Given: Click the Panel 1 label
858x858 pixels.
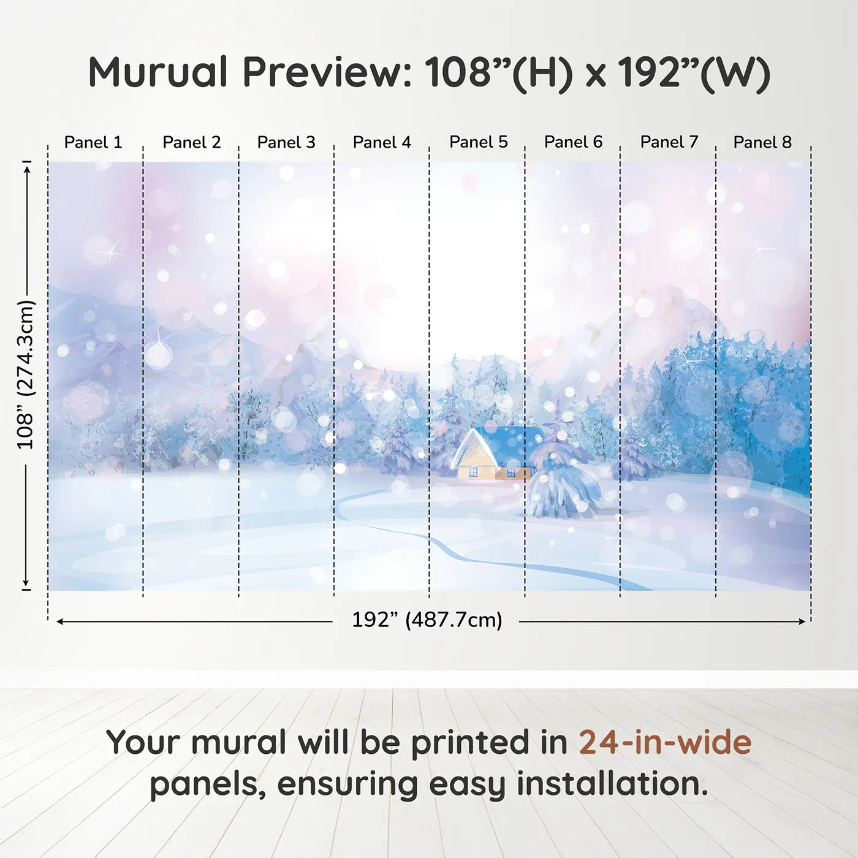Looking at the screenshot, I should coord(93,142).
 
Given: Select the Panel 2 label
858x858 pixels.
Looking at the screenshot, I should coord(191,142).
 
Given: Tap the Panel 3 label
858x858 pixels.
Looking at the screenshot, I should coord(286,142).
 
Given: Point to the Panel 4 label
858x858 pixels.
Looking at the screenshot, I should coord(382,142).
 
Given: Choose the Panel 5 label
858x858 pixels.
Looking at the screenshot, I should coord(478,142).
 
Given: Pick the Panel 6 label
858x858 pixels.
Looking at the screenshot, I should coord(573,142).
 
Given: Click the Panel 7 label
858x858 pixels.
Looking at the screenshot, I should coord(669,142).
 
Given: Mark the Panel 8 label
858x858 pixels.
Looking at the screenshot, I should coord(762,142).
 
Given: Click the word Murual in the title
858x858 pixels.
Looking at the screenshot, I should coord(158,72).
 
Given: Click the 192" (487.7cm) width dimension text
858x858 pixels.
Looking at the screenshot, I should coord(427,620).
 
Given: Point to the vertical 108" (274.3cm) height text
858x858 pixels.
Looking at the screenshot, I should coord(26,374).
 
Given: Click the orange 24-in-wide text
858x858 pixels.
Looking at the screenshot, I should coord(664,742).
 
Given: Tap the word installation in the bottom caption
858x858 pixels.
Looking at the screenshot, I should coord(612,784).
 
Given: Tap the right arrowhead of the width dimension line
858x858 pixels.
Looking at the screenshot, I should coord(802,621).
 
